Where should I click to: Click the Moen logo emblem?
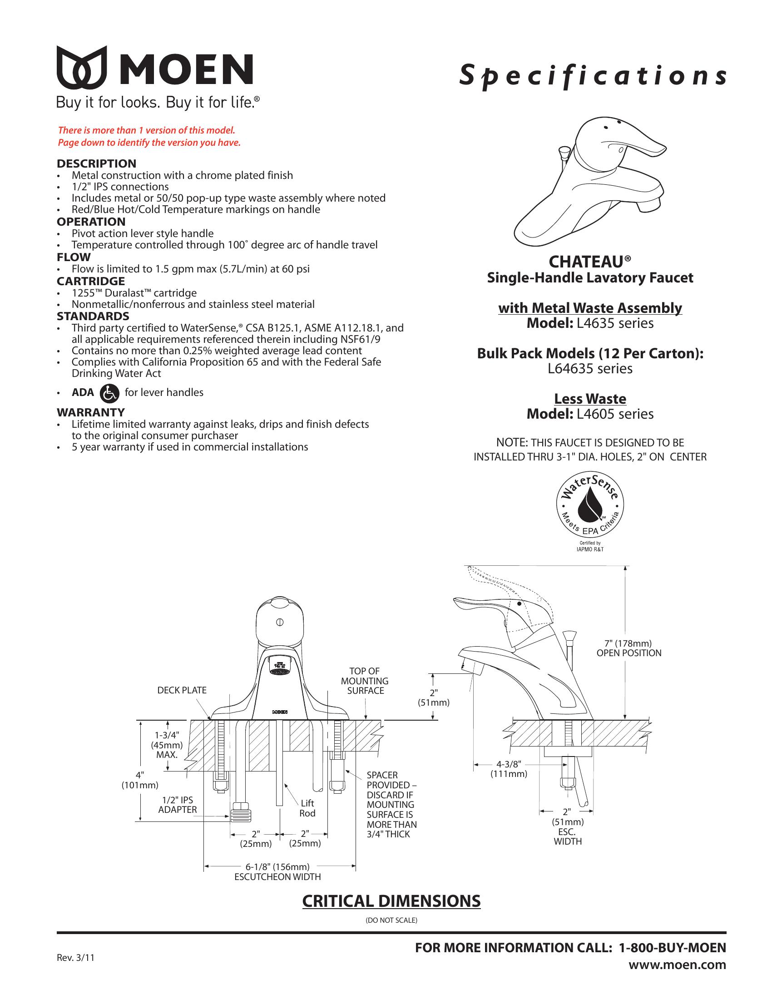click(x=82, y=67)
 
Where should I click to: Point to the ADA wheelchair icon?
click(x=109, y=393)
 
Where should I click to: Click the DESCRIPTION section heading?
click(x=96, y=164)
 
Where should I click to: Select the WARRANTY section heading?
click(x=90, y=412)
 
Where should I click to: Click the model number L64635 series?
click(x=590, y=369)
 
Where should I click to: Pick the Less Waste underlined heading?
click(x=590, y=399)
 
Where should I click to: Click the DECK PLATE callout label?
click(x=182, y=690)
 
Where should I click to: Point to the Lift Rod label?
click(x=307, y=808)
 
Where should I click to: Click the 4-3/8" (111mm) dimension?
click(x=509, y=769)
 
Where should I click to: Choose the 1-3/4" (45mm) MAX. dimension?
click(x=167, y=745)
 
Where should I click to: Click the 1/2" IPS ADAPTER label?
click(x=178, y=805)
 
